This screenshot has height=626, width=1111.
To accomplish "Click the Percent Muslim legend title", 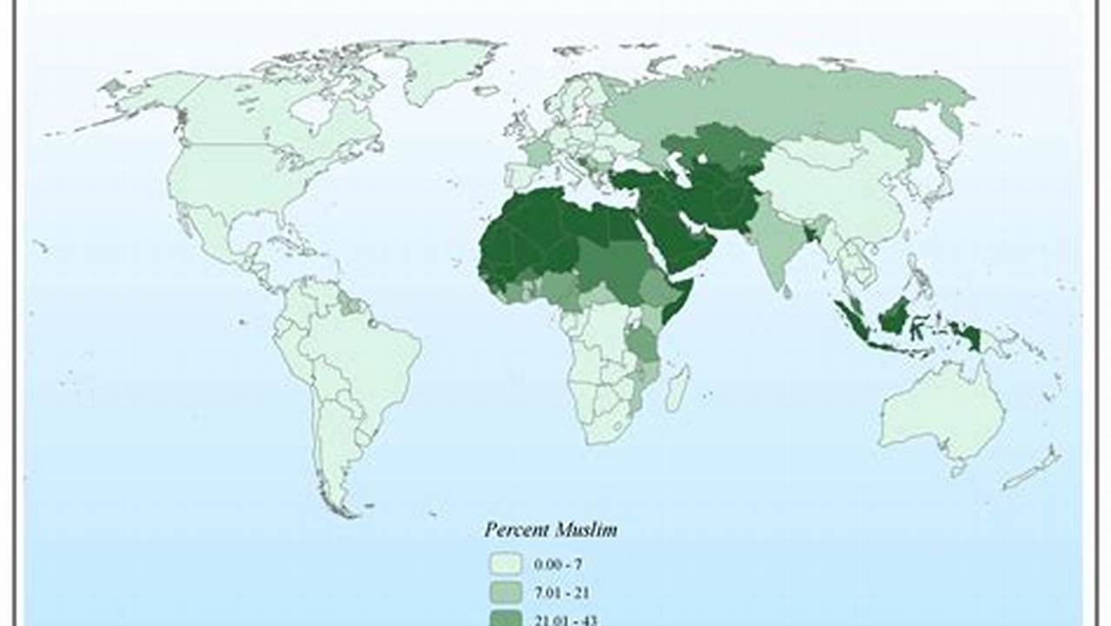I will coord(551,529).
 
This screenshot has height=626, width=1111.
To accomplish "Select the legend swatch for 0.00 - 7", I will coord(505,564).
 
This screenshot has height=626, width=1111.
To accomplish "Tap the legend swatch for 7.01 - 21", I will coord(505,592).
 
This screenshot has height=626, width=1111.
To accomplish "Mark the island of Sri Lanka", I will coord(787,291).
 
